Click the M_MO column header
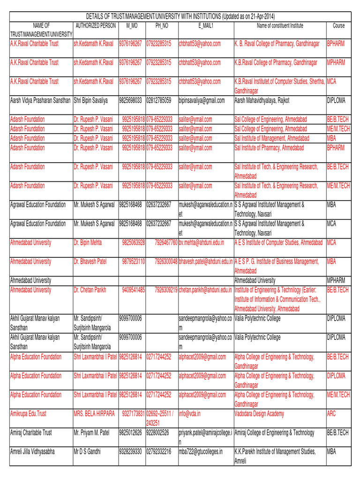[x=132, y=25]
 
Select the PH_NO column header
[x=161, y=25]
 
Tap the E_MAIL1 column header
[x=206, y=25]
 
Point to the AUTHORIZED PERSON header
[x=95, y=25]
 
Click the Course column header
[x=338, y=25]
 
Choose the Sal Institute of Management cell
[x=272, y=138]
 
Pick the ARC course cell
[x=331, y=413]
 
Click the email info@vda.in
[x=189, y=413]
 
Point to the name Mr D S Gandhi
[x=90, y=451]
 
